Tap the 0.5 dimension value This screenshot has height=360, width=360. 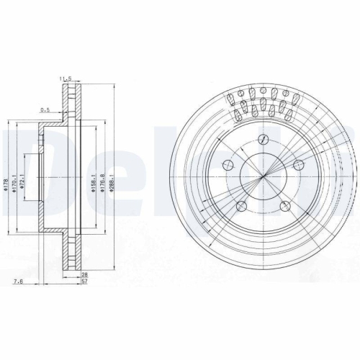click(x=45, y=109)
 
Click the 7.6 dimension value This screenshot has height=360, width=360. click(x=15, y=282)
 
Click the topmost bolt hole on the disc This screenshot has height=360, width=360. click(x=265, y=139)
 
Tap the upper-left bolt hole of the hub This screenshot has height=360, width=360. click(x=232, y=163)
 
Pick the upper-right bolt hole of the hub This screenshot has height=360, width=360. click(x=298, y=165)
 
